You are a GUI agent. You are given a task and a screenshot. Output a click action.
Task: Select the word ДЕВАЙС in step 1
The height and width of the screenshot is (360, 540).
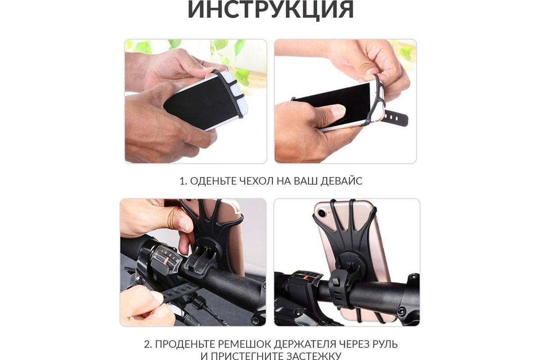342,181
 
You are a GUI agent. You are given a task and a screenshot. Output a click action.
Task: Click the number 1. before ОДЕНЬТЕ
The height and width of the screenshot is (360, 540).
183,181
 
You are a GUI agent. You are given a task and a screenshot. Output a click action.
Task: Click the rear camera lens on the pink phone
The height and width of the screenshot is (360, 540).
322,213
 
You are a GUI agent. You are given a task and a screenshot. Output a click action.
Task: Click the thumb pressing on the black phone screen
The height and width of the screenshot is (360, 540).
335,112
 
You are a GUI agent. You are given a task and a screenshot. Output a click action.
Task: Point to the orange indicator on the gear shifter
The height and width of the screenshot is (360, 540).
166,261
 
